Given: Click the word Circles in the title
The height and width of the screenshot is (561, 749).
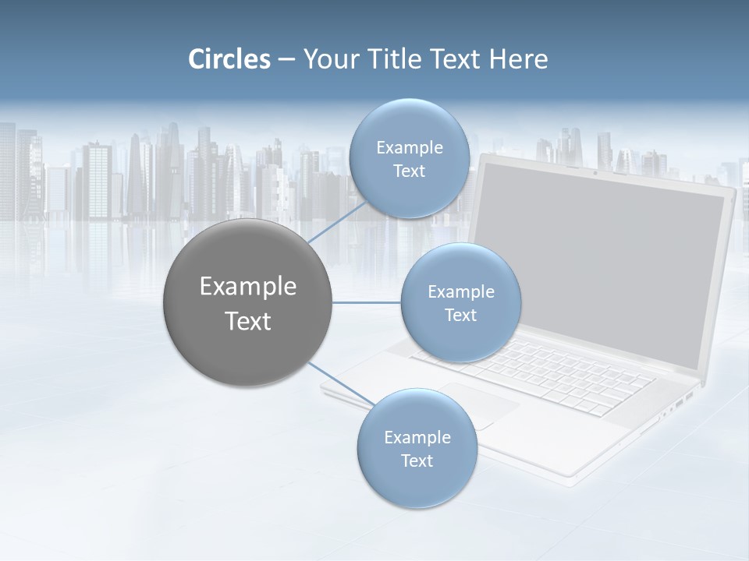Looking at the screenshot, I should coord(229,59).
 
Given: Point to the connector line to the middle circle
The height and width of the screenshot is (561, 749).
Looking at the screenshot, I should coord(367,302).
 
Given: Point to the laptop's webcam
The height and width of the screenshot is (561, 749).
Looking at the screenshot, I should coord(595,172).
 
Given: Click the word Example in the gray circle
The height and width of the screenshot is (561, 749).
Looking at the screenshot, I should coord(248,287).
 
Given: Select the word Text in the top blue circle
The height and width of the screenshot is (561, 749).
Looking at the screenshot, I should coord(409,171).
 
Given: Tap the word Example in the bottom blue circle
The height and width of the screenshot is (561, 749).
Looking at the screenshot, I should coord(417,437).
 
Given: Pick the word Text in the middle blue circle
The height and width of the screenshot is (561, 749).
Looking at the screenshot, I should coord(460,315).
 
